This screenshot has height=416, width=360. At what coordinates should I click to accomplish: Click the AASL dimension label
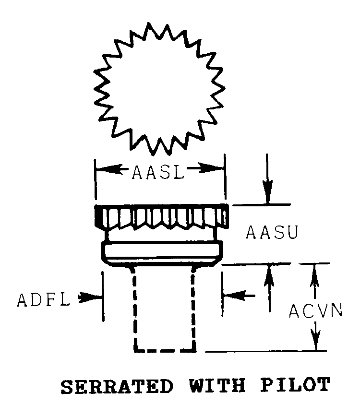158,172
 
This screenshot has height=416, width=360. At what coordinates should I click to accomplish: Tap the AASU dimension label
272,232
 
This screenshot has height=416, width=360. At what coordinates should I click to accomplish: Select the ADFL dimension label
43,300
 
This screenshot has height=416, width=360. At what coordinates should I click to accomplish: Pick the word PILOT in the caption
295,385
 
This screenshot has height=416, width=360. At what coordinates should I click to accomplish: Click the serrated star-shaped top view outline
159,89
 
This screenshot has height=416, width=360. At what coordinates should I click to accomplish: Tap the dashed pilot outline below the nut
165,310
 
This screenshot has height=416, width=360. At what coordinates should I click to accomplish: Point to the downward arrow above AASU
268,179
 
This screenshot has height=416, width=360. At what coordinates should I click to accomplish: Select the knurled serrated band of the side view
161,216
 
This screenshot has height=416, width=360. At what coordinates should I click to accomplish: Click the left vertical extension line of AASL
96,179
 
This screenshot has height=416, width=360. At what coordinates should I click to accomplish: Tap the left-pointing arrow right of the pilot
239,295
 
